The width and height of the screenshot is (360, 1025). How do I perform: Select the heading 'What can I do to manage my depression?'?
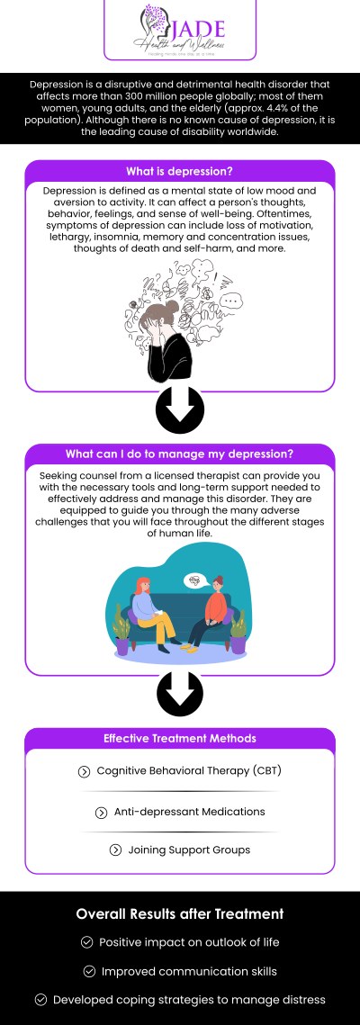(x=180, y=454)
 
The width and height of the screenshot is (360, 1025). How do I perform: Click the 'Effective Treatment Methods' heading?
(x=180, y=738)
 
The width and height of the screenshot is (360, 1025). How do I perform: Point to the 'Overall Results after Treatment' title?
(x=180, y=914)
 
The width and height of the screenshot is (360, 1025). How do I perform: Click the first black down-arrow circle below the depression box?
(x=179, y=411)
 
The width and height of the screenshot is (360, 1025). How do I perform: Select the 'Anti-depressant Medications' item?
(x=189, y=812)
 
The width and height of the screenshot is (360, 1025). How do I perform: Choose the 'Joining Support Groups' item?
(x=188, y=850)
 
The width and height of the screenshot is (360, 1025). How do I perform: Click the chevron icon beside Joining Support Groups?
(x=115, y=850)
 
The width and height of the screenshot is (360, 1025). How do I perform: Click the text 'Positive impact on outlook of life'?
(x=189, y=942)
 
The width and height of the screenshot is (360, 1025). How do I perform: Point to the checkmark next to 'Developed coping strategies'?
(x=40, y=1000)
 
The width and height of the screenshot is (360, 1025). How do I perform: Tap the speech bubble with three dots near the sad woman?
(x=233, y=301)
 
